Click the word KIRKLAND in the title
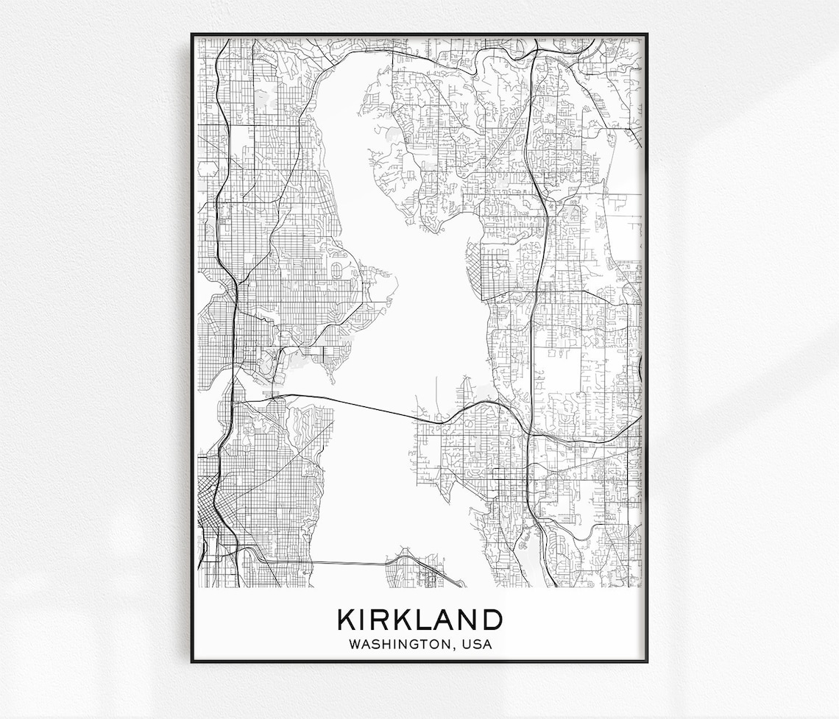419,620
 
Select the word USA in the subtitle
477,645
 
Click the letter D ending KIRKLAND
492,620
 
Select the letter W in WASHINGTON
355,645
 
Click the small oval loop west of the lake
338,270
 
